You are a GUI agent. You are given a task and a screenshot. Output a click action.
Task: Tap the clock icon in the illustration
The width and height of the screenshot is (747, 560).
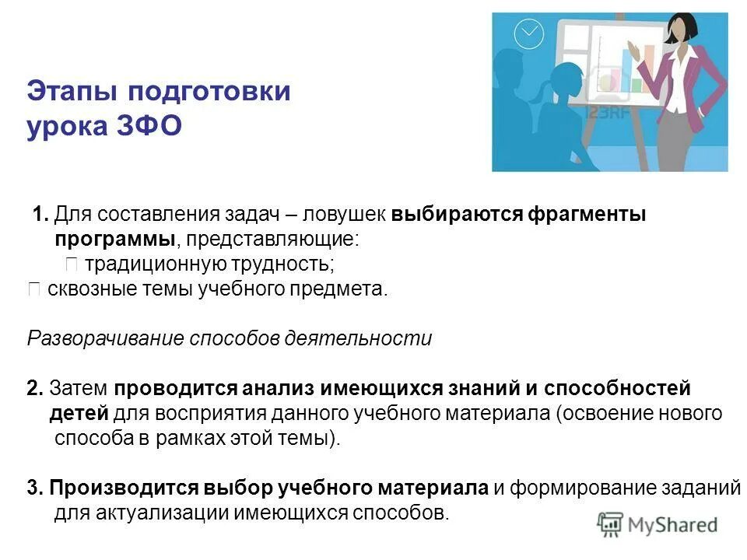[530, 33]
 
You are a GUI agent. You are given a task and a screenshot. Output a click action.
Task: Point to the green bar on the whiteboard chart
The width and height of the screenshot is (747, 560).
[636, 83]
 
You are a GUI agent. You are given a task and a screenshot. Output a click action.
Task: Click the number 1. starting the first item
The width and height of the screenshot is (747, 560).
[41, 214]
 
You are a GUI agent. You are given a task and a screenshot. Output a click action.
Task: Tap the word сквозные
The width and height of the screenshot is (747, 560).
[80, 289]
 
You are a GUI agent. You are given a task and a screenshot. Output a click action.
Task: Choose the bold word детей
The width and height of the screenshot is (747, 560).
[82, 412]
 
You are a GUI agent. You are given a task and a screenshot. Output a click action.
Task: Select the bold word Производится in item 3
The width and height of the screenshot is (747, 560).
[124, 488]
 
